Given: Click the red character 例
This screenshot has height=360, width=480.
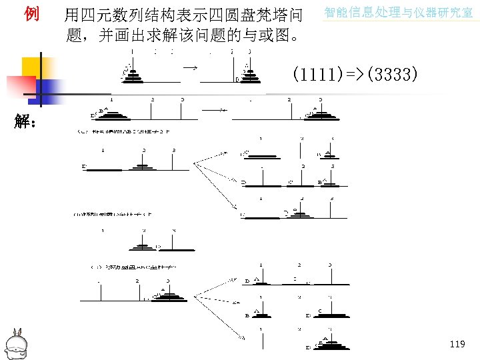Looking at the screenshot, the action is (x=31, y=13).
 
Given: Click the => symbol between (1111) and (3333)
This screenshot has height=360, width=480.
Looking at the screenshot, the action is (x=354, y=74).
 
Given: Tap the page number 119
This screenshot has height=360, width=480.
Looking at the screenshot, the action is (x=457, y=344).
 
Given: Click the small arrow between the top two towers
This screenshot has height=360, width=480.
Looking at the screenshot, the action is (x=190, y=67).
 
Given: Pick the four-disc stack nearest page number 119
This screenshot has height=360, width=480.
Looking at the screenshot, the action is (x=328, y=344).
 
